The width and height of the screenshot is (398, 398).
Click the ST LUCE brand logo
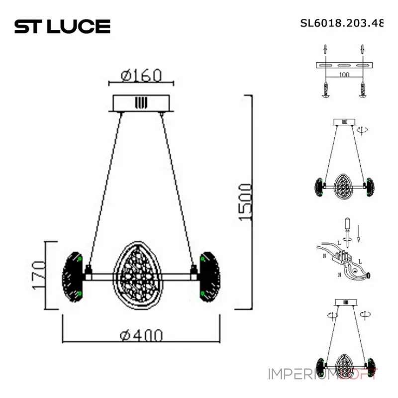tap(62, 26)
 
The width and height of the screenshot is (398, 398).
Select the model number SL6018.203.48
tap(342, 23)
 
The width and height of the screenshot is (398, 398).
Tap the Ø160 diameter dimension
tap(141, 75)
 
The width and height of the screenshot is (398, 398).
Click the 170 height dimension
tap(38, 275)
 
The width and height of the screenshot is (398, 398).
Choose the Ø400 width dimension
tap(141, 336)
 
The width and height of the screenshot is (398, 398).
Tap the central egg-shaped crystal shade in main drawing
tap(133, 275)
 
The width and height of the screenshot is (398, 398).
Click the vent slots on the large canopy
tap(141, 103)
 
